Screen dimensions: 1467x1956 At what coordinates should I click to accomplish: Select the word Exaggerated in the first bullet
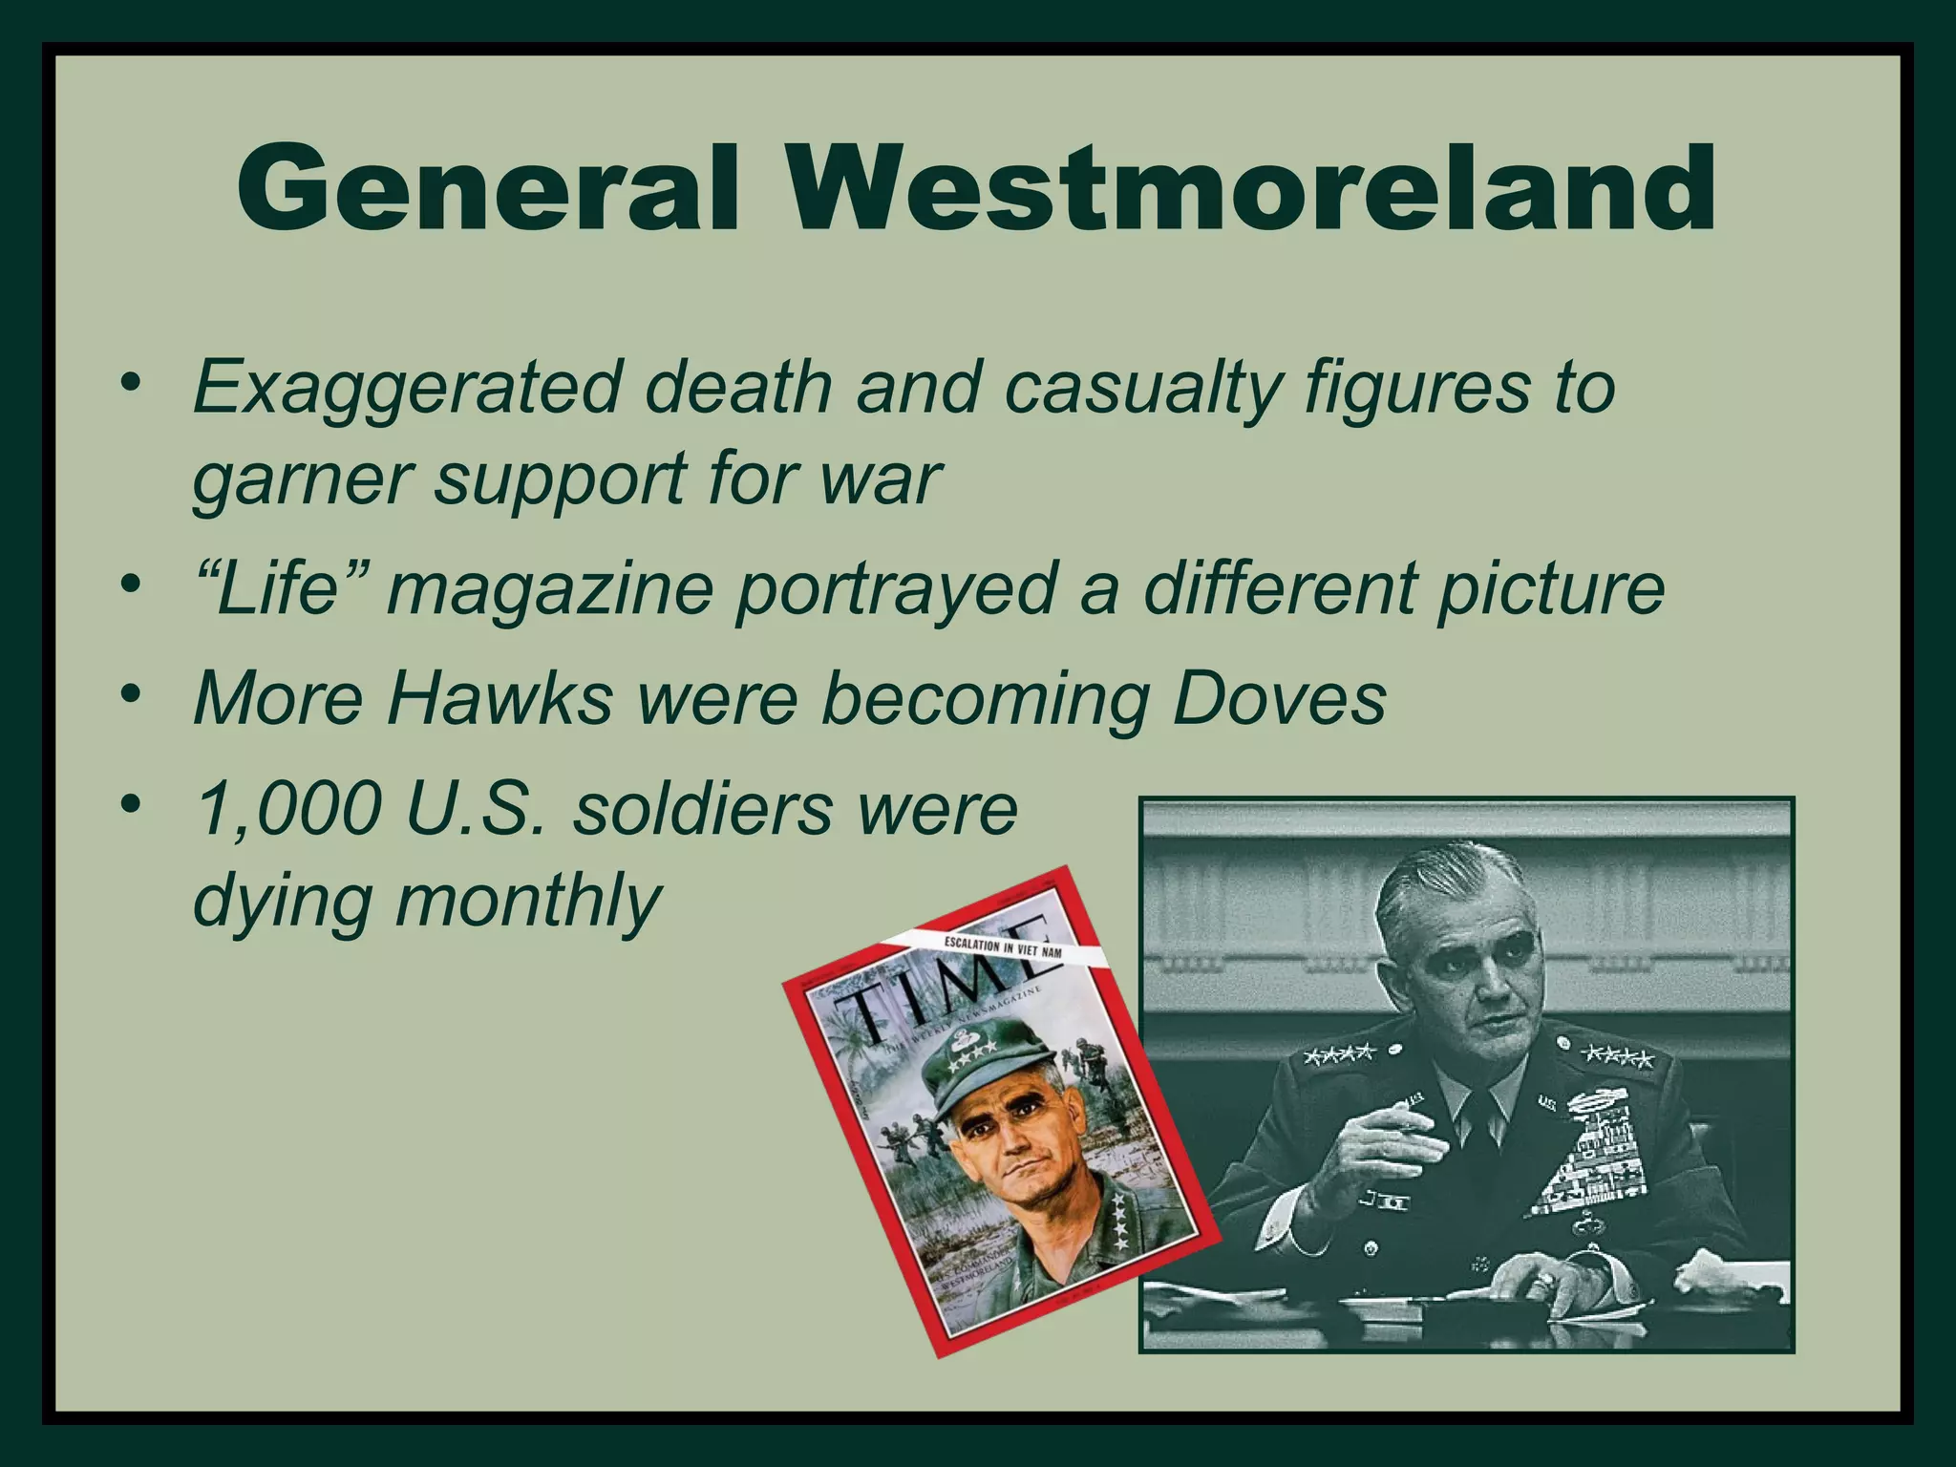pyautogui.click(x=406, y=388)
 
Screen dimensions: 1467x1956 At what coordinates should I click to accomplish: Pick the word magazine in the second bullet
pyautogui.click(x=550, y=590)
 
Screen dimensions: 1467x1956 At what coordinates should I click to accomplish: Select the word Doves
pyautogui.click(x=1279, y=698)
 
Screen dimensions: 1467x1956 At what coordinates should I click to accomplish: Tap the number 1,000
pyautogui.click(x=287, y=809)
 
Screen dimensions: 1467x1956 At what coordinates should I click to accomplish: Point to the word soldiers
pyautogui.click(x=701, y=809)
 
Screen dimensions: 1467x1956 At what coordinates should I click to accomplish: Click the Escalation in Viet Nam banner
pyautogui.click(x=1002, y=947)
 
